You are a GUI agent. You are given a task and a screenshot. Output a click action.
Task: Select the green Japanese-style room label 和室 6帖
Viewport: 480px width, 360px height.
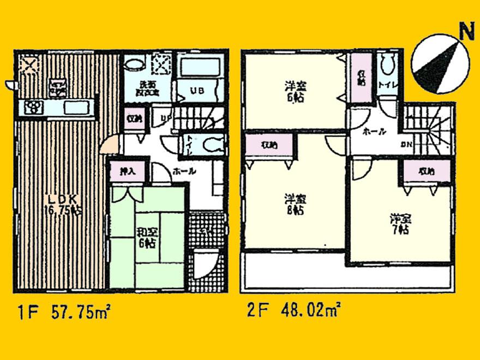147,239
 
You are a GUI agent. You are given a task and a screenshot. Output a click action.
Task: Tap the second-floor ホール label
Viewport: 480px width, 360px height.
374,131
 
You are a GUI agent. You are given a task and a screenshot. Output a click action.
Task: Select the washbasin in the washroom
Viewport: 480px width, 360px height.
134,65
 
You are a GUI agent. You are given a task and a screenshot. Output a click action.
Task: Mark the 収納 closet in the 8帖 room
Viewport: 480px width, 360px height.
269,146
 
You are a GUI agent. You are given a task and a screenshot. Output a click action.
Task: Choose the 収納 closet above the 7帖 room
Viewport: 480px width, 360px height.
428,171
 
